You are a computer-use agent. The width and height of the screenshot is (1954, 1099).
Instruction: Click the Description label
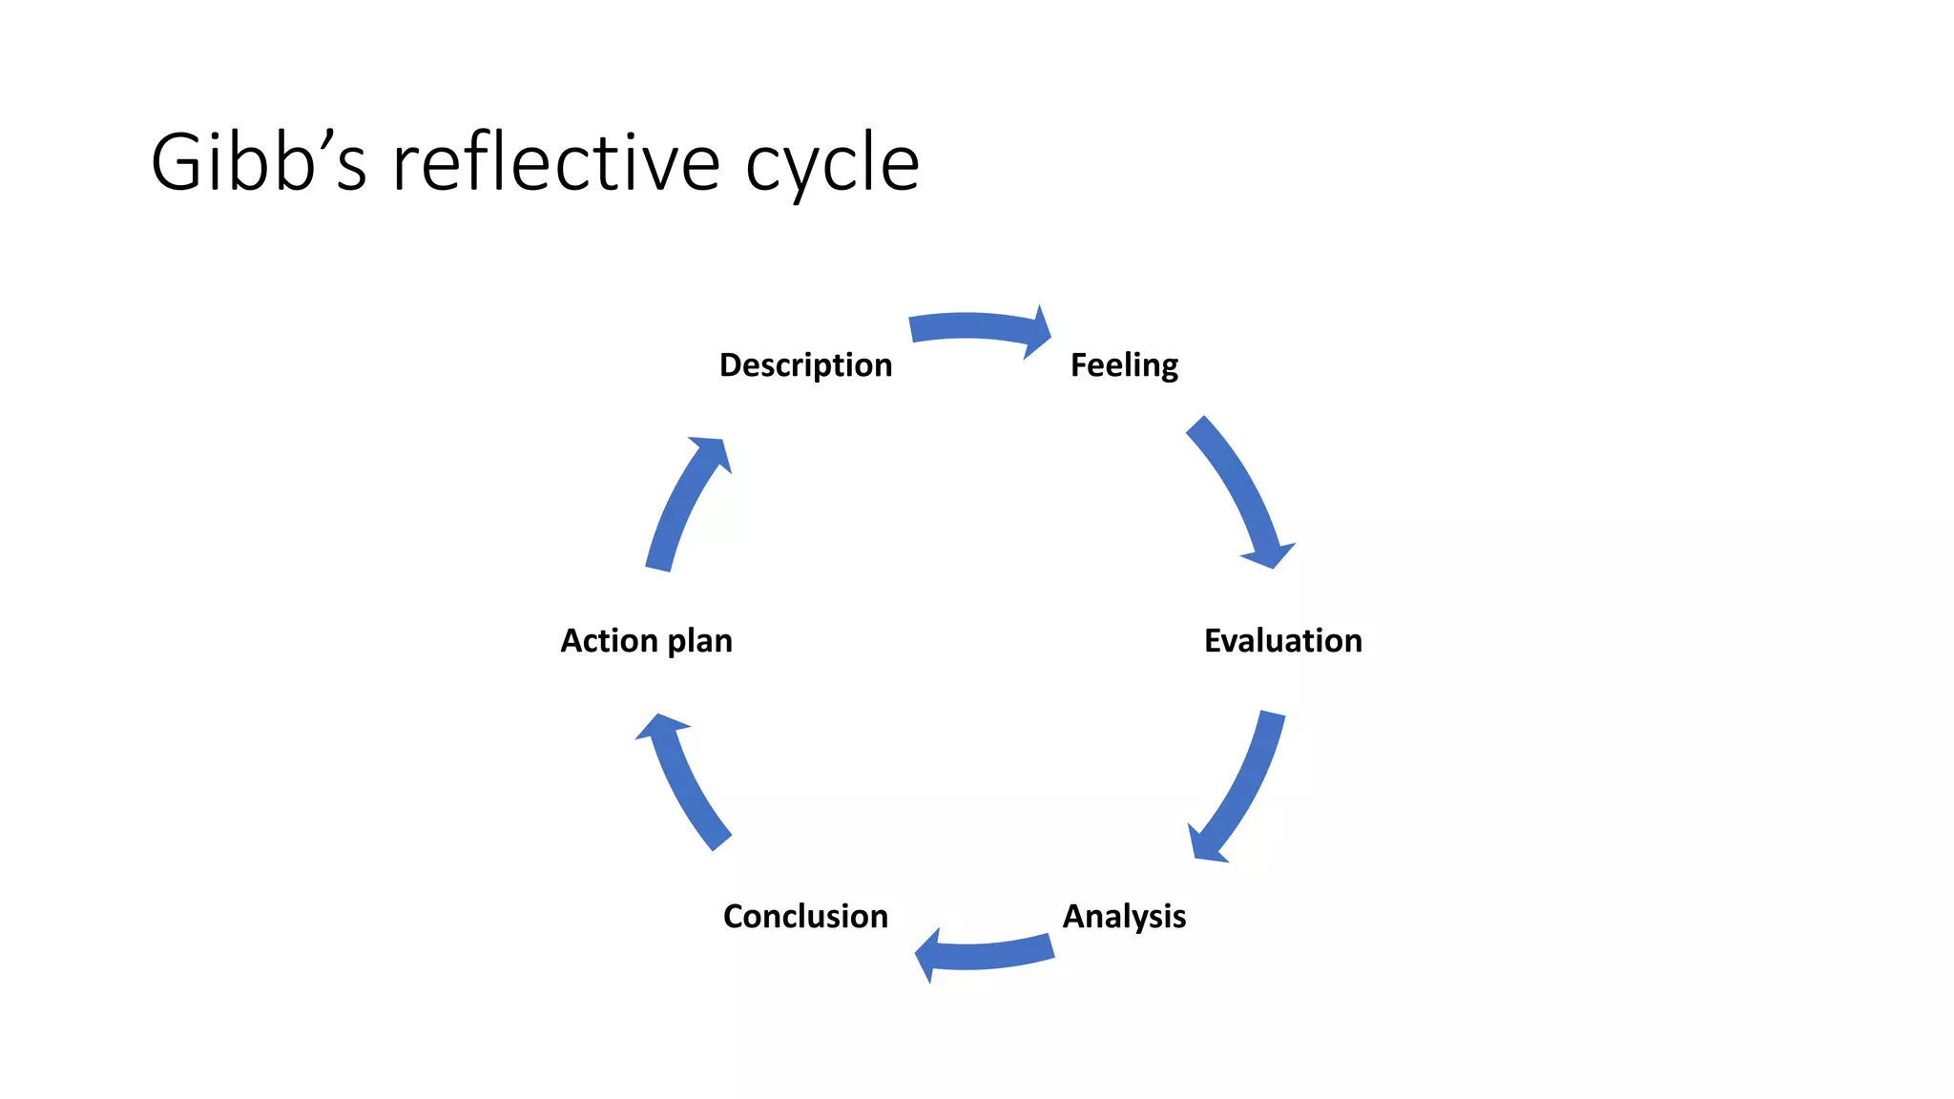click(805, 365)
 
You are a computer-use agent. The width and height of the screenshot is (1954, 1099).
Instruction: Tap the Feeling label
click(1124, 365)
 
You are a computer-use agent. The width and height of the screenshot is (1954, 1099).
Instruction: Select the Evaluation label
click(1282, 640)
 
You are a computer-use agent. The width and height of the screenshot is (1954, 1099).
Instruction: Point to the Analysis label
click(1124, 916)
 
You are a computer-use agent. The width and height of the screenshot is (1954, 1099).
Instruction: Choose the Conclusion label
click(805, 916)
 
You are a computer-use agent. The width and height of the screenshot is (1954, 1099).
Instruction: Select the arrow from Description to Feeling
click(973, 326)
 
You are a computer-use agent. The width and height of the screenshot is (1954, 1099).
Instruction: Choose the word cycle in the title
click(832, 164)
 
